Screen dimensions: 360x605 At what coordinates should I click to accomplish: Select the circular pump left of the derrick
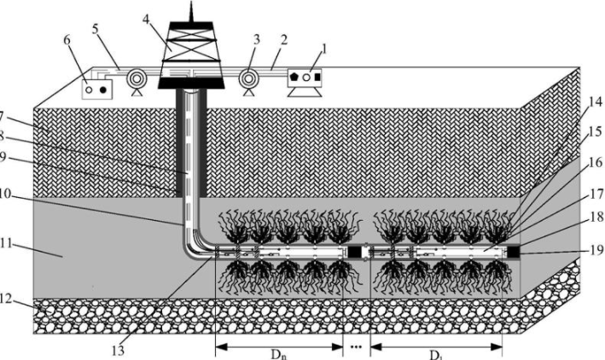point(134,81)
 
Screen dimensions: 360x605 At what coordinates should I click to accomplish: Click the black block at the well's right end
point(513,251)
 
